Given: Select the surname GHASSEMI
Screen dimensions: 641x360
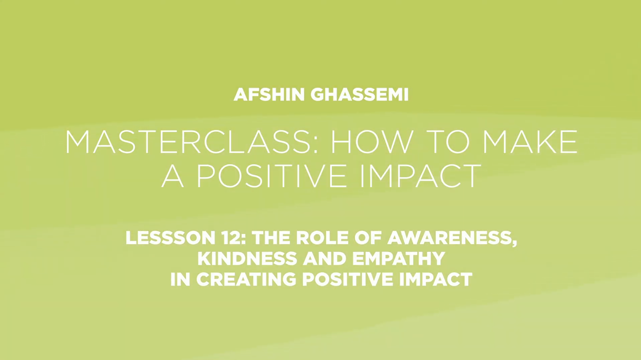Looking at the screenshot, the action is [x=359, y=95].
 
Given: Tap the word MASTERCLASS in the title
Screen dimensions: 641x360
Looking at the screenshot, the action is [x=188, y=142].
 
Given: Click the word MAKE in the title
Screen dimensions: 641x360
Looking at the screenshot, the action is [x=530, y=142].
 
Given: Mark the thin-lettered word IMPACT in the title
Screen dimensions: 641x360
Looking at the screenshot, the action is [x=420, y=176].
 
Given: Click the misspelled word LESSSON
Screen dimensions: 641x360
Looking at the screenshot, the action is [x=171, y=238].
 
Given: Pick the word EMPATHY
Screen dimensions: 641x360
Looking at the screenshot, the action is [x=398, y=258].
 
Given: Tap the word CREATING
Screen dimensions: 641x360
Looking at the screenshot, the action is [x=246, y=279].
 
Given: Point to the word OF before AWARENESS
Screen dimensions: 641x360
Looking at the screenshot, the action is [x=367, y=238].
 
